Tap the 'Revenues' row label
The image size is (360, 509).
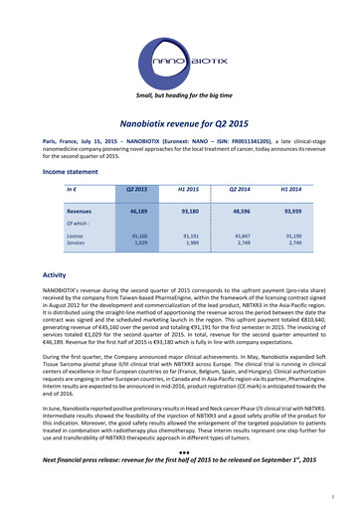point(81,213)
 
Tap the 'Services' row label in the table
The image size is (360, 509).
point(76,243)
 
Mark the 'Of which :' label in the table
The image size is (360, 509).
point(77,224)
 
